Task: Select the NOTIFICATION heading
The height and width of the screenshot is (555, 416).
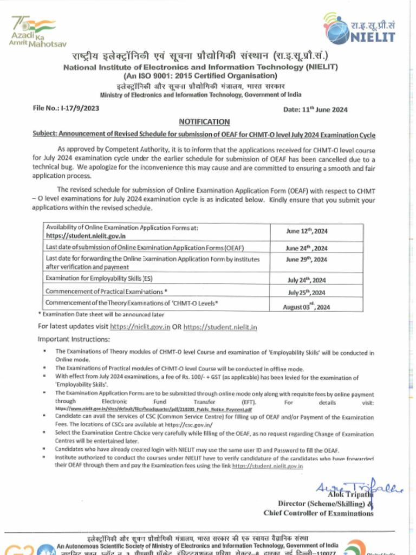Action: [x=204, y=122]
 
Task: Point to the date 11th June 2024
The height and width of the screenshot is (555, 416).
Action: [x=315, y=109]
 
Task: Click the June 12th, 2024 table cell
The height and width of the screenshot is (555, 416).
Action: [x=307, y=231]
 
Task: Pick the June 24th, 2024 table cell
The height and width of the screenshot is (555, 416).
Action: [x=307, y=249]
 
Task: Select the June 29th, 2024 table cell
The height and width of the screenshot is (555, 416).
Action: [x=307, y=260]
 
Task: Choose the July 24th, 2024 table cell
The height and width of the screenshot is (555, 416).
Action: [x=307, y=280]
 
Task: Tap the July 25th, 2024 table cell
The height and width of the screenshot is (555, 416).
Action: [x=307, y=293]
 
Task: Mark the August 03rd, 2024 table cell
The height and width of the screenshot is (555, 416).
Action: [x=307, y=306]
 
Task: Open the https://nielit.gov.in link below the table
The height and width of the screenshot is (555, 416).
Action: [x=140, y=327]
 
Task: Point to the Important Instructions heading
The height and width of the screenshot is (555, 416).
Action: [x=74, y=339]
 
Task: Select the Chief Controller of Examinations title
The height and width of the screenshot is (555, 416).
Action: [x=318, y=513]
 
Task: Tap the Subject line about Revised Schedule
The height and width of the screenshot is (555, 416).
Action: [x=204, y=135]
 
